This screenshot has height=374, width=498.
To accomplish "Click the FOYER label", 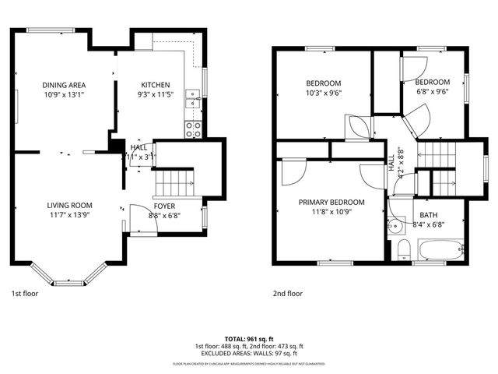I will (x=163, y=207).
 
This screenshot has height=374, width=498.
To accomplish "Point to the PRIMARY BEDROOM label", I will (x=331, y=201).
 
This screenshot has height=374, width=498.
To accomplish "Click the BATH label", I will (x=429, y=215).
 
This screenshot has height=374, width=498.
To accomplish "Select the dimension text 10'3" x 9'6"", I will (x=324, y=93).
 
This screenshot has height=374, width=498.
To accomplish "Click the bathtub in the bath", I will (x=440, y=250).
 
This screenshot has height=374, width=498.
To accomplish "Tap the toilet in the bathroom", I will (x=403, y=250).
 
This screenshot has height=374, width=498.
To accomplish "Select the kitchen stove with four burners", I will (x=193, y=129).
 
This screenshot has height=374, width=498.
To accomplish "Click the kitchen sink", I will (x=192, y=98).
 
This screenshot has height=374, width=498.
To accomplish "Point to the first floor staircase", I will (x=173, y=183).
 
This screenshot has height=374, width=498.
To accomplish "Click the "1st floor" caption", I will (x=24, y=294).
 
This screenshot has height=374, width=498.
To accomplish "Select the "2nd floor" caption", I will (x=287, y=294).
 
